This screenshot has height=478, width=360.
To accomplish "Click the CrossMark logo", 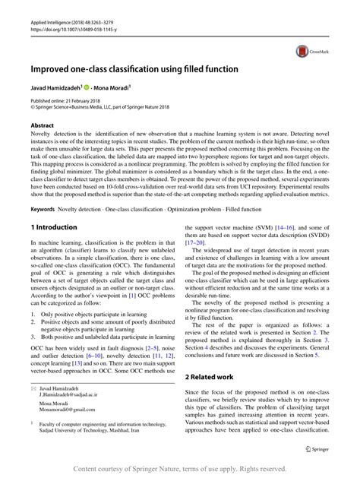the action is click(x=308, y=51).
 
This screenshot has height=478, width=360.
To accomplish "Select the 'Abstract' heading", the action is click(x=42, y=123).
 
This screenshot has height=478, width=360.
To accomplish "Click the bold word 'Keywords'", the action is click(x=43, y=207).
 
